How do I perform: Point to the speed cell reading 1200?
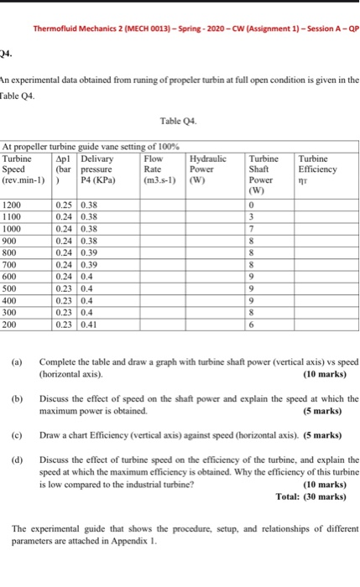pos(13,205)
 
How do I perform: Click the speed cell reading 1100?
pos(13,216)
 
